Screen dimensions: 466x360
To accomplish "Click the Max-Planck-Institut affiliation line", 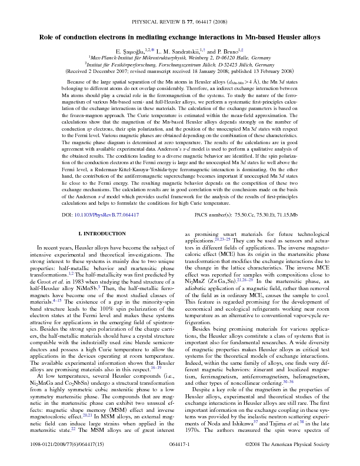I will (179, 59).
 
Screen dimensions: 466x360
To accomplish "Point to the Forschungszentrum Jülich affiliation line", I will (179, 65).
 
